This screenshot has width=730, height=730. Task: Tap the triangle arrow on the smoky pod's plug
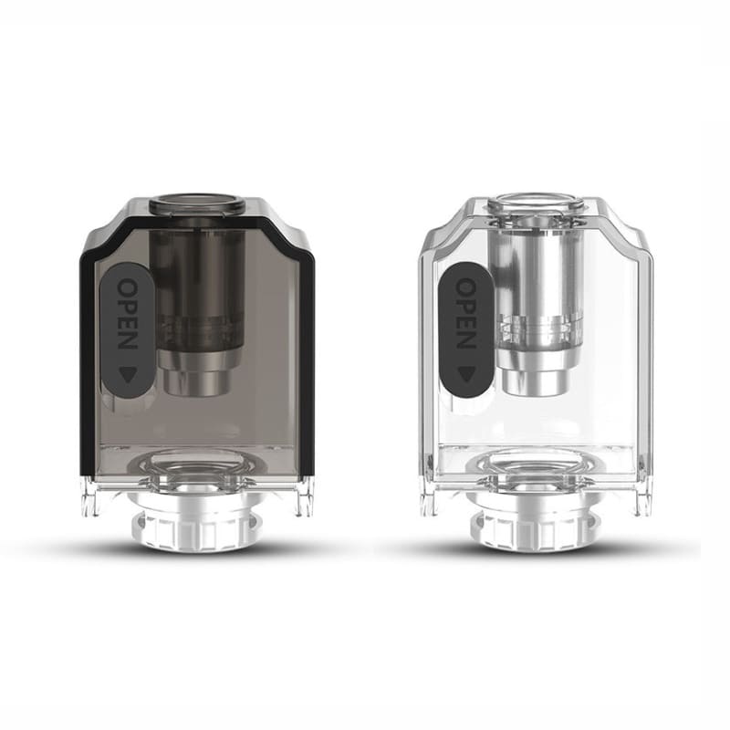[129, 371]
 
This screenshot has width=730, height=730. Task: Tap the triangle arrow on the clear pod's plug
[465, 372]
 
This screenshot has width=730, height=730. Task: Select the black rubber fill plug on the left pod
[129, 329]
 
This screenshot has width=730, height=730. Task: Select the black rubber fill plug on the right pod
[465, 329]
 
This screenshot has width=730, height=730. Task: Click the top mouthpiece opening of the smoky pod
[197, 203]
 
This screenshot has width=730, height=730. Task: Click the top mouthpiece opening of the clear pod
[535, 203]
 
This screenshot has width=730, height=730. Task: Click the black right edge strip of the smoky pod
[307, 365]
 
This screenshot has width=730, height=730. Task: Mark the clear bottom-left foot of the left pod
[89, 497]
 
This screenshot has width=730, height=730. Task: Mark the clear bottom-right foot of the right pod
[642, 497]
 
